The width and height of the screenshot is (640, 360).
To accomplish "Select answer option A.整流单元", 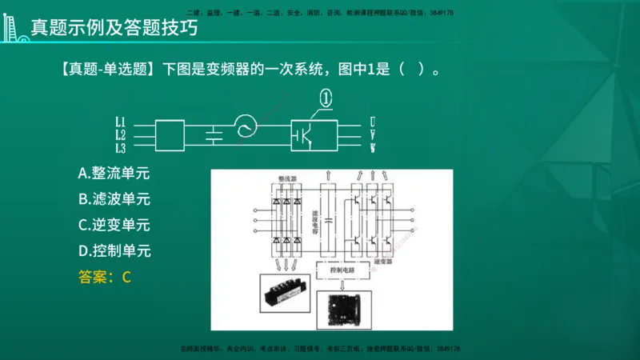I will [114, 173].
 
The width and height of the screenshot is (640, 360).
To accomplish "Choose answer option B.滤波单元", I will [114, 199].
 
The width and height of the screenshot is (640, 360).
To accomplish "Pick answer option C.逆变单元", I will [114, 225].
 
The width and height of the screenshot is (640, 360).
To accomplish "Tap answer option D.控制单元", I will [114, 251].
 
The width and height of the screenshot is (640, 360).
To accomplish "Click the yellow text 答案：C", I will [104, 278].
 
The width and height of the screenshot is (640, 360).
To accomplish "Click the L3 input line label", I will [120, 148].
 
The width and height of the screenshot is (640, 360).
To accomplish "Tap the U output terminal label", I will [373, 122].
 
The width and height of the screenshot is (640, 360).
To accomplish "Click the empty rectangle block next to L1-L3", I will [169, 135].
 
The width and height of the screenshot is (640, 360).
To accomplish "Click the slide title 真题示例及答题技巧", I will [114, 29].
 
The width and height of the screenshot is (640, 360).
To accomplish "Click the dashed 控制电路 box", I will [342, 270].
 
